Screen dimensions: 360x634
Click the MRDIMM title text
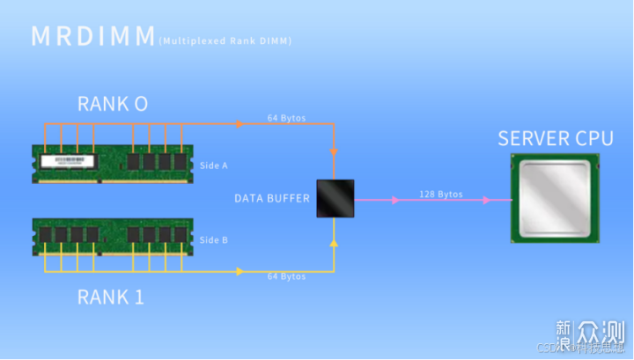pyautogui.click(x=92, y=36)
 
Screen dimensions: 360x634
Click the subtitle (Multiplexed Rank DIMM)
pyautogui.click(x=225, y=40)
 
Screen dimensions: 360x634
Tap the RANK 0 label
pyautogui.click(x=112, y=104)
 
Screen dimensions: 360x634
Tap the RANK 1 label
pyautogui.click(x=110, y=297)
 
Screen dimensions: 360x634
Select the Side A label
pyautogui.click(x=213, y=165)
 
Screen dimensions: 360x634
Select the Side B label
pyautogui.click(x=213, y=239)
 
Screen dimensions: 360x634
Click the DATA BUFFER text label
pyautogui.click(x=271, y=198)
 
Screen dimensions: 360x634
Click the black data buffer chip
pyautogui.click(x=335, y=199)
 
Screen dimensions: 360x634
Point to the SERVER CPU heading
pyautogui.click(x=556, y=138)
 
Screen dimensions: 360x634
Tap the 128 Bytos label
pyautogui.click(x=440, y=194)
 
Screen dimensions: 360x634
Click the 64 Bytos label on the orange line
pyautogui.click(x=287, y=117)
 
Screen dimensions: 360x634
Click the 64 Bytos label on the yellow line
pyautogui.click(x=287, y=276)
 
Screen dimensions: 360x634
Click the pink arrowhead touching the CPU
pyautogui.click(x=486, y=200)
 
